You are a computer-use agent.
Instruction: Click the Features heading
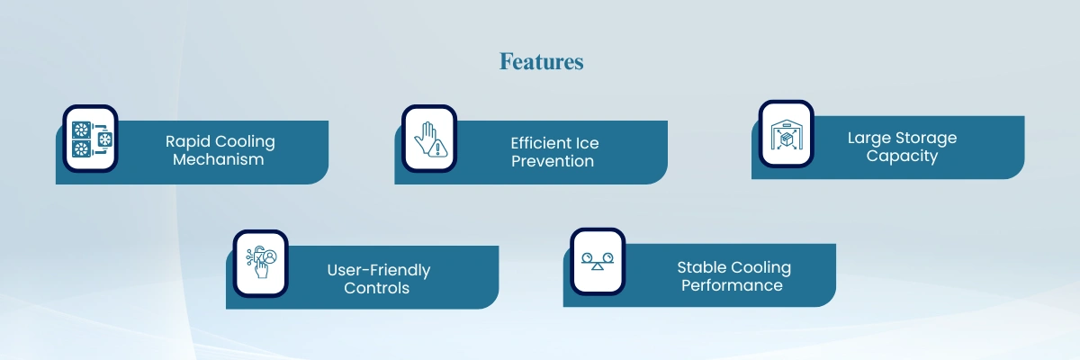click(541, 62)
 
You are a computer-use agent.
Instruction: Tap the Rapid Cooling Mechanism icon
click(91, 139)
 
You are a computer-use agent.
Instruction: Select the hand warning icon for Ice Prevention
click(430, 139)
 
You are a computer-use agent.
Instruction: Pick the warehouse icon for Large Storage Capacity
click(787, 134)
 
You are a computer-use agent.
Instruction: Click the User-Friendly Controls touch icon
click(261, 262)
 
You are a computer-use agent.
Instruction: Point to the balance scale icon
click(598, 261)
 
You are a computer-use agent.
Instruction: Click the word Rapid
click(187, 141)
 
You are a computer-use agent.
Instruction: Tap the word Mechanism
click(219, 159)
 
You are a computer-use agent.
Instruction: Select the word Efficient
click(541, 143)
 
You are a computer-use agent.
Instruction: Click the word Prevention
click(553, 161)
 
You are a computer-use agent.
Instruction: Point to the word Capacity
click(902, 156)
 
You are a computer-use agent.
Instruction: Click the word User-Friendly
click(379, 270)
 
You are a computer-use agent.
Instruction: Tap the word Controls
click(376, 288)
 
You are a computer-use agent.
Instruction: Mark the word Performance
click(732, 285)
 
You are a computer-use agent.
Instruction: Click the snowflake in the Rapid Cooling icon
click(104, 139)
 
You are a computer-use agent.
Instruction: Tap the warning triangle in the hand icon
click(437, 148)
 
